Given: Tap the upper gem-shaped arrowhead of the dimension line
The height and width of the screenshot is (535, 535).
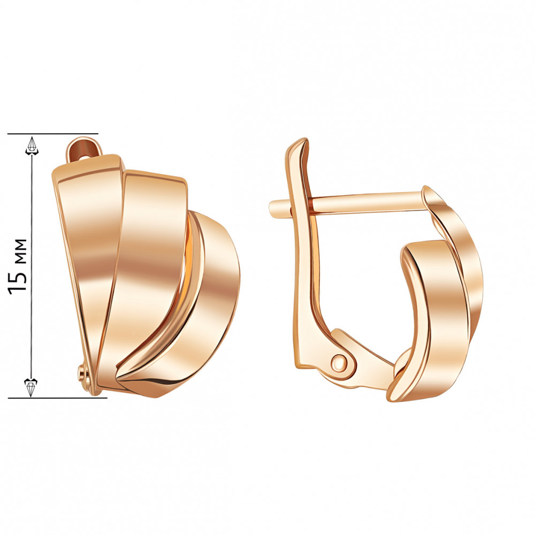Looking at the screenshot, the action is pos(32,147).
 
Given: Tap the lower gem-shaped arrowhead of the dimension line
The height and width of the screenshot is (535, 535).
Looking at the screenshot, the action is pos(31,387).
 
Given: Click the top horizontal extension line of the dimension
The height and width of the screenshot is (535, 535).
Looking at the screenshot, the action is pos(53,134).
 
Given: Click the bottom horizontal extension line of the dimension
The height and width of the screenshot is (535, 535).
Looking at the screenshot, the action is pos(57,398).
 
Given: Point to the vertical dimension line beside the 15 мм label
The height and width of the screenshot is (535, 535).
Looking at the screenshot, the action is pos(32,266).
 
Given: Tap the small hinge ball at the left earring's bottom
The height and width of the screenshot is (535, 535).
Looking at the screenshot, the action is pos(82,371).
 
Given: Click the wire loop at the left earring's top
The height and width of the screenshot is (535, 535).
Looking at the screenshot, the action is pos(84,150).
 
